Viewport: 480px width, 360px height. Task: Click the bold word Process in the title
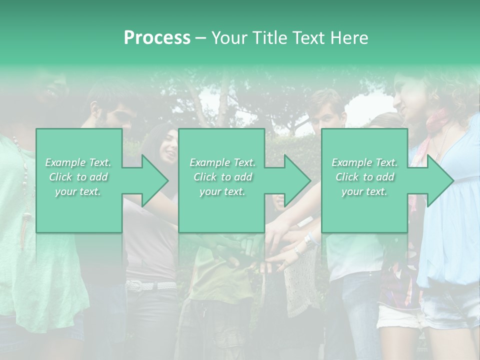pyautogui.click(x=157, y=38)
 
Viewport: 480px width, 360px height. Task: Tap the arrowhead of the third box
pyautogui.click(x=439, y=180)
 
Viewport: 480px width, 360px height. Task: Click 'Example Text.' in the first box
pyautogui.click(x=78, y=162)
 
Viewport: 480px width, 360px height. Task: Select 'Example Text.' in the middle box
pyautogui.click(x=222, y=162)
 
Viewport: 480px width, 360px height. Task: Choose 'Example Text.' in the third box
pyautogui.click(x=364, y=162)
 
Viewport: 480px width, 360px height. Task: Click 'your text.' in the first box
pyautogui.click(x=78, y=191)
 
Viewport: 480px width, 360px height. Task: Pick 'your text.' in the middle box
pyautogui.click(x=222, y=191)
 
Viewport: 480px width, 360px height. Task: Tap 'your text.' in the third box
pyautogui.click(x=364, y=191)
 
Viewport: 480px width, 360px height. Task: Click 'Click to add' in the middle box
pyautogui.click(x=222, y=177)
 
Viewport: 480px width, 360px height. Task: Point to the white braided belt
pyautogui.click(x=150, y=286)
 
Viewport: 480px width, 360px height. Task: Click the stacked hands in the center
pyautogui.click(x=260, y=245)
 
